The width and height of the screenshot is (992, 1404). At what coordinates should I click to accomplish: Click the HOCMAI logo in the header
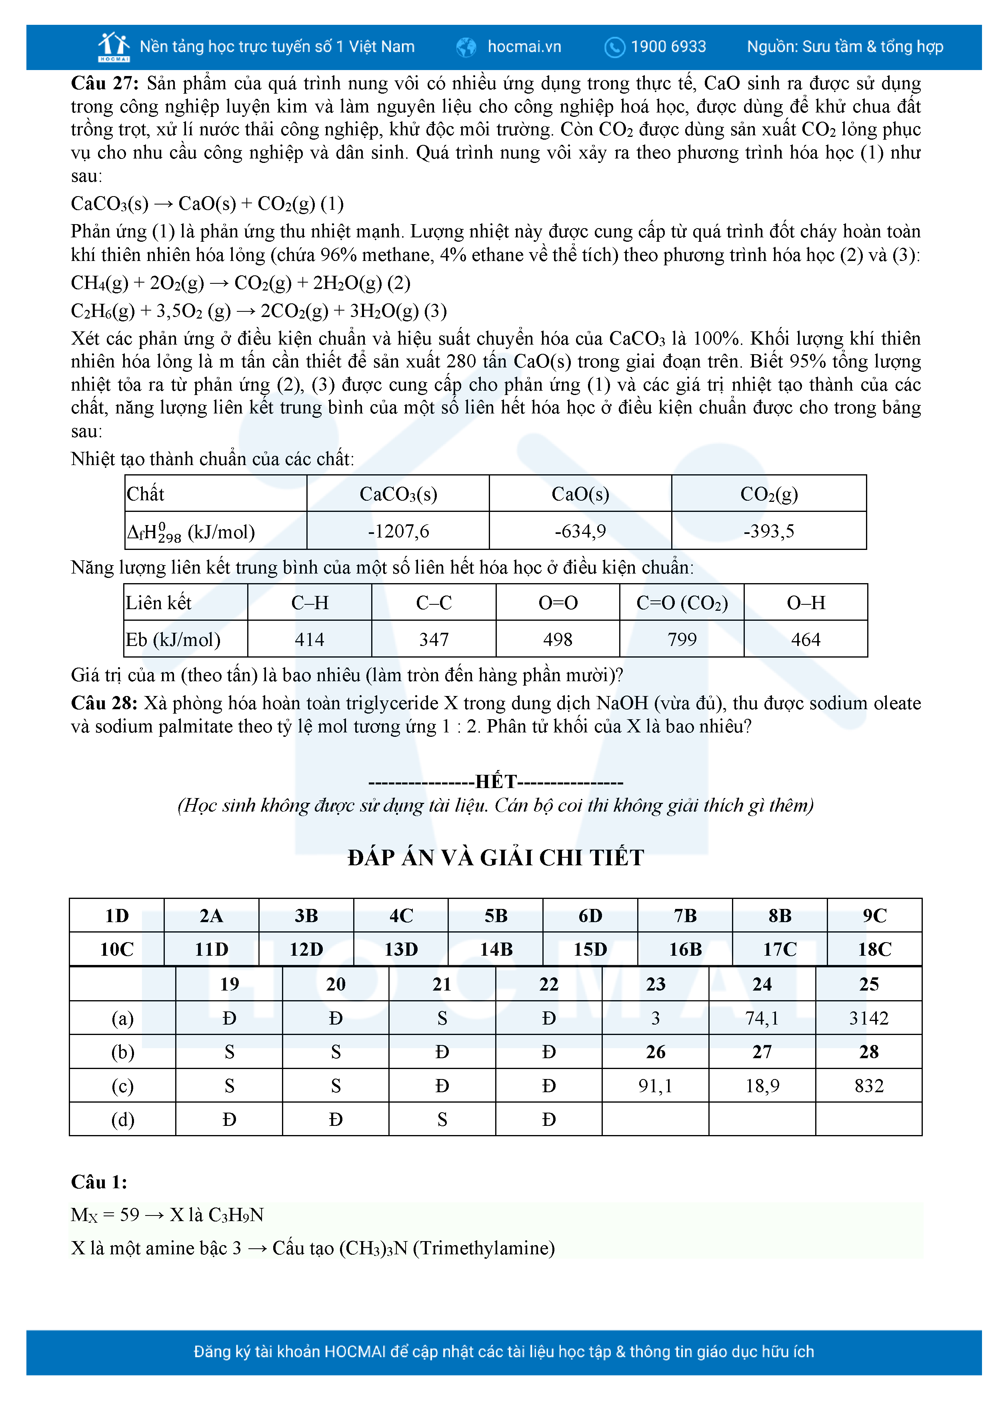[x=114, y=46]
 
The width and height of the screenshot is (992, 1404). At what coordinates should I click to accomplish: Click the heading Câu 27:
[x=104, y=83]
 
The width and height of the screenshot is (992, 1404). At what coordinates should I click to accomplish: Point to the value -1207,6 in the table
[x=398, y=531]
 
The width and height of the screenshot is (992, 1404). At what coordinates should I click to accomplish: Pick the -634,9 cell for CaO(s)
[x=580, y=531]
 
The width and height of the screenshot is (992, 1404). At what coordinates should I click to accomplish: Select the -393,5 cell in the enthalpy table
[x=768, y=531]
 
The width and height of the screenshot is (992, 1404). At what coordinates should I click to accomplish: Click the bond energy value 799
[x=682, y=640]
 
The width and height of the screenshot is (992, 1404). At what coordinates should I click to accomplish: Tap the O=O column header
[x=558, y=603]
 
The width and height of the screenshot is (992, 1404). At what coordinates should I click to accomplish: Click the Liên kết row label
[x=159, y=603]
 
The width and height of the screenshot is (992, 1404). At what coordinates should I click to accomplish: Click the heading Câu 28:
[x=104, y=703]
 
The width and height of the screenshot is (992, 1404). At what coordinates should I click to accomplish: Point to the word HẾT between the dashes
[x=496, y=782]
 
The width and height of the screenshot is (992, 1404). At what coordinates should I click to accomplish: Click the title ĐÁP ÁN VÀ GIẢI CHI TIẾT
[x=496, y=857]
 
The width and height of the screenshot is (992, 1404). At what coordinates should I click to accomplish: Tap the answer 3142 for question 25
[x=868, y=1018]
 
